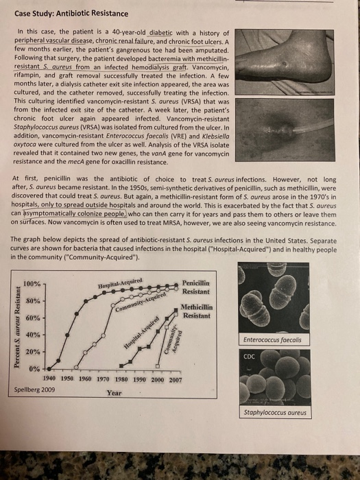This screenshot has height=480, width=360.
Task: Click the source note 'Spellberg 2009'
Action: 34,389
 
